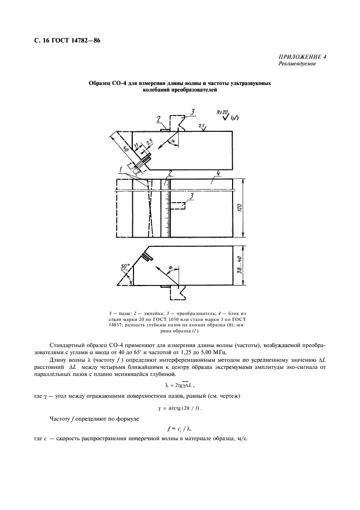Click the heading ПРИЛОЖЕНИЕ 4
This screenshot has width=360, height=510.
click(x=303, y=57)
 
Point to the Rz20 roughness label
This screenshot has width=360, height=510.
click(x=221, y=113)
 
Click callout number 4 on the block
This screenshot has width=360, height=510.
click(x=217, y=174)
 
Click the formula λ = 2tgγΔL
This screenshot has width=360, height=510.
click(x=180, y=385)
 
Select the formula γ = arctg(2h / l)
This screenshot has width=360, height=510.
click(x=180, y=408)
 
